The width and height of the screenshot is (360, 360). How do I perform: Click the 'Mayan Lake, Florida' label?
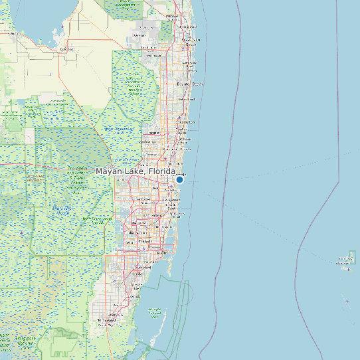pos(135,171)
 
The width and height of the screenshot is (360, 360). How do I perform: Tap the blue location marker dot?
pos(179,179)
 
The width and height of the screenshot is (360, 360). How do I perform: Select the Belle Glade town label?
pos(67,48)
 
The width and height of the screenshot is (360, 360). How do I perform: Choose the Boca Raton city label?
pos(185,123)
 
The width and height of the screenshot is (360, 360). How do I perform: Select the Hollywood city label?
pos(174,200)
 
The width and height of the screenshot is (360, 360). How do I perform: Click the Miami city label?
pos(161,253)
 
